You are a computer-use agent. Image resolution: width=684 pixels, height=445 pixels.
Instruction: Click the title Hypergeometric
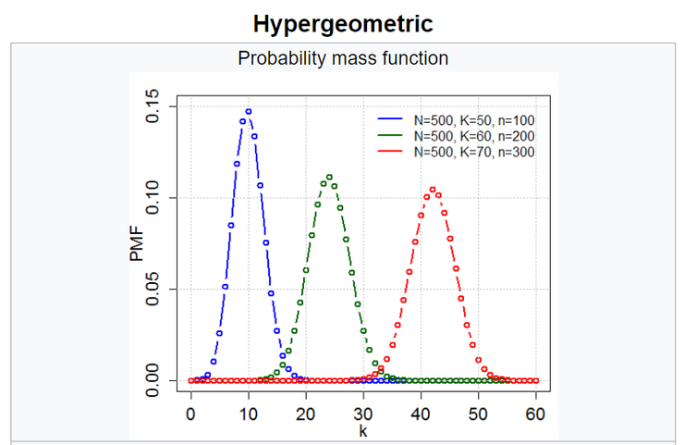[343, 22]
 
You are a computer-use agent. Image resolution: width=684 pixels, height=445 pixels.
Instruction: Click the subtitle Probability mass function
[343, 58]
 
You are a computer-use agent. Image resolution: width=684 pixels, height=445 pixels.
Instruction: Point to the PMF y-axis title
[138, 242]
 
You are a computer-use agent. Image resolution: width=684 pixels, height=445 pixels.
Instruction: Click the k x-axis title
[362, 431]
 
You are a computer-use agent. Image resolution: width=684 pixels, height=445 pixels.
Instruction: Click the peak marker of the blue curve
[249, 111]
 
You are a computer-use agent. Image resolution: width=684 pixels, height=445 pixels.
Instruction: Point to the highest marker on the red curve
[433, 190]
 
